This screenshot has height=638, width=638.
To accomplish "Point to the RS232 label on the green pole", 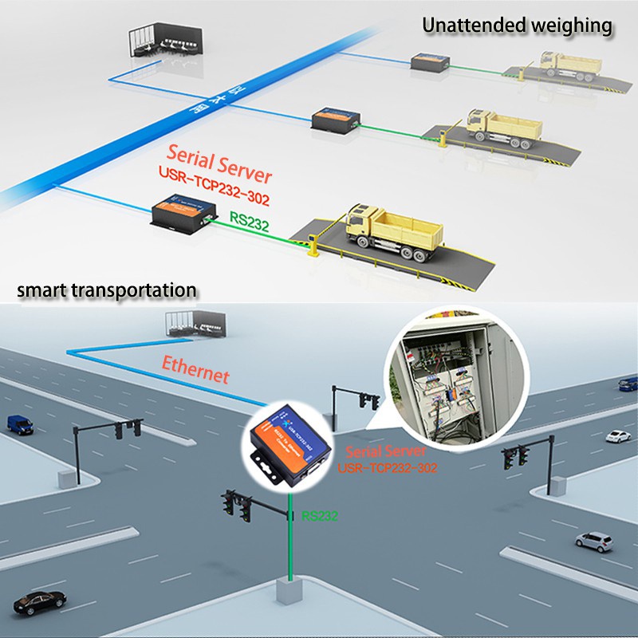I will pyautogui.click(x=320, y=516).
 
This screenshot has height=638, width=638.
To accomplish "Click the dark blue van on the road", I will pyautogui.click(x=19, y=423).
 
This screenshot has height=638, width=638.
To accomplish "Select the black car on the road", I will pyautogui.click(x=30, y=604).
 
